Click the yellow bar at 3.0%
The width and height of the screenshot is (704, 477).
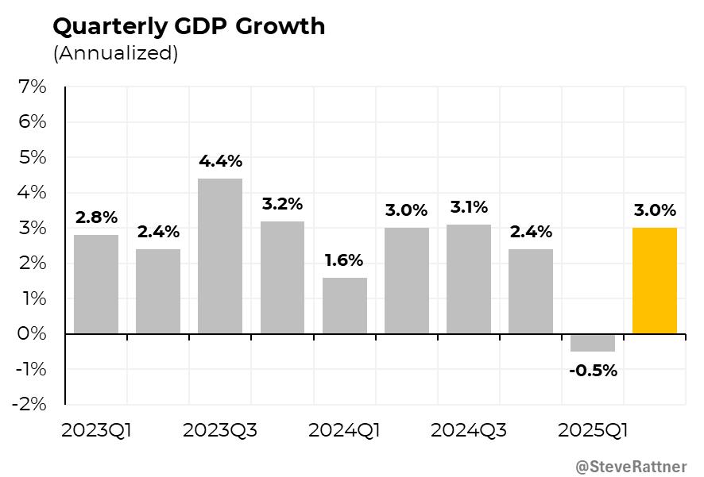click(655, 281)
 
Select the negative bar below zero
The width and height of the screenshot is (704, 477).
click(593, 344)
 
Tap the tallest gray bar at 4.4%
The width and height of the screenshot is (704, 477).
click(220, 256)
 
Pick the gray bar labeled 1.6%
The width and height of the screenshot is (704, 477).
click(345, 306)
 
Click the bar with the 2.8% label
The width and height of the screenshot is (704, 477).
click(96, 284)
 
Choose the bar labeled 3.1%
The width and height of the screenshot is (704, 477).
click(469, 279)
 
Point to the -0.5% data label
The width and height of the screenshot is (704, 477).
click(593, 371)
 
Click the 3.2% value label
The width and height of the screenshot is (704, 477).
click(282, 204)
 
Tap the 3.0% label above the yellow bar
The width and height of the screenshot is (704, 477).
click(655, 211)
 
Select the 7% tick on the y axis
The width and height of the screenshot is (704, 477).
click(32, 87)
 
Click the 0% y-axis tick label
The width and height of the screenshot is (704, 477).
click(32, 334)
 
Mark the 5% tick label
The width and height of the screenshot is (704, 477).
click(32, 157)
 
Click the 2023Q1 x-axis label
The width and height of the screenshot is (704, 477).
click(96, 431)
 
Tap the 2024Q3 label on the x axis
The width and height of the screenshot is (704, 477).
click(468, 431)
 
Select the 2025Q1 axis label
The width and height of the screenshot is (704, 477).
click(594, 431)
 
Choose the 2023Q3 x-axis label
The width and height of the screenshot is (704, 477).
click(220, 431)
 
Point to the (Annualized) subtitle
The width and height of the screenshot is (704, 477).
click(115, 54)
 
